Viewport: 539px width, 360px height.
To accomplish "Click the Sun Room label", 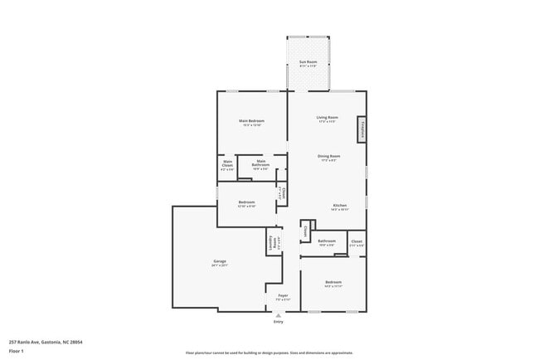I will tap(308, 63).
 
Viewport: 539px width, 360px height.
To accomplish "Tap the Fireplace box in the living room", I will tap(362, 129).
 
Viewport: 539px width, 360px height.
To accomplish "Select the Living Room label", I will tap(327, 118).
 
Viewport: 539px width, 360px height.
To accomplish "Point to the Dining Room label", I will tap(328, 157).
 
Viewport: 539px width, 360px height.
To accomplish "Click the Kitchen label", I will tap(340, 206).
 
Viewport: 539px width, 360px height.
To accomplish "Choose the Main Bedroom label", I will tap(250, 123).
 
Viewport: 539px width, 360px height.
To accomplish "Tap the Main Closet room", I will tap(227, 165).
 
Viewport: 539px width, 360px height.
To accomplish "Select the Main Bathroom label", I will tap(260, 164).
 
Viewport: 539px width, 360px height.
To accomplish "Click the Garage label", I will tap(219, 263).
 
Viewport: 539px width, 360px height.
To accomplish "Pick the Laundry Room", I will tap(271, 242).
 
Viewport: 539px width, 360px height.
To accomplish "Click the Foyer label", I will tap(282, 296).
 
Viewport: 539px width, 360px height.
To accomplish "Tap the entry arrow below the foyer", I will tap(277, 314).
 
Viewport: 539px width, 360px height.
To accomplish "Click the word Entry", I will tap(277, 322).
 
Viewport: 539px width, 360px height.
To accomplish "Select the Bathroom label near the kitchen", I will tap(326, 242).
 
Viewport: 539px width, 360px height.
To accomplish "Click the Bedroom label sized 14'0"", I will tap(333, 284).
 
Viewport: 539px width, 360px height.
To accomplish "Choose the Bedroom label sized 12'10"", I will tap(246, 204).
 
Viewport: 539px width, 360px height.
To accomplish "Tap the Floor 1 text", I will tap(17, 351).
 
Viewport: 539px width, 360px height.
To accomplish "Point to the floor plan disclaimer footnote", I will tap(269, 352).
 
